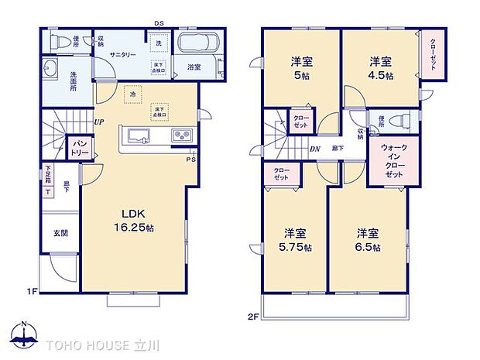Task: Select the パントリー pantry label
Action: click(80, 146)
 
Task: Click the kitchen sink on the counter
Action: click(139, 138)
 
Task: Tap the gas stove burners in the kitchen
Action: click(180, 137)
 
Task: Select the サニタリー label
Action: click(123, 56)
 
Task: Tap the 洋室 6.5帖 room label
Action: click(369, 240)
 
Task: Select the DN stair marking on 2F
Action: click(315, 149)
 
